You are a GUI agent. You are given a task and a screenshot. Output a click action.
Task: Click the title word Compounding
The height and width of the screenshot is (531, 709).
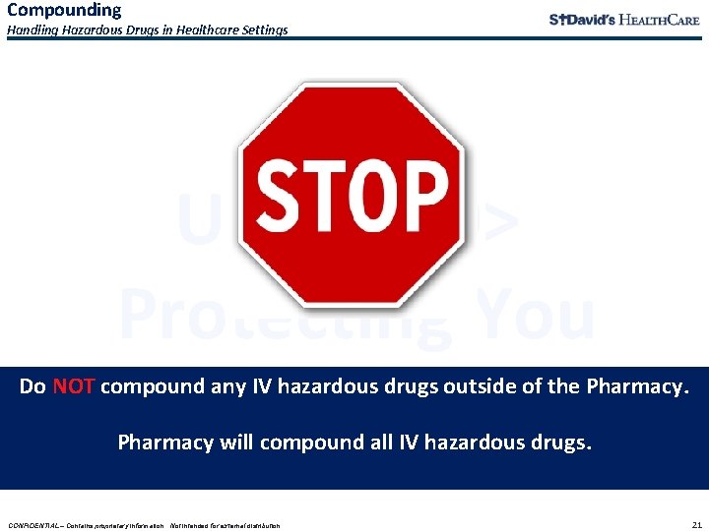click(x=64, y=10)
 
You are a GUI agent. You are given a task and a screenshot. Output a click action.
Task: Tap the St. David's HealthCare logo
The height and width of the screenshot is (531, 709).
click(x=623, y=20)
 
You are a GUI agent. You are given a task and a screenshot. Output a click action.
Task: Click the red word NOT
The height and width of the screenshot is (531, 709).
click(x=73, y=386)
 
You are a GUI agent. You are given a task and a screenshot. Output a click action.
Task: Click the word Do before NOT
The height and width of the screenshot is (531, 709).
click(x=32, y=386)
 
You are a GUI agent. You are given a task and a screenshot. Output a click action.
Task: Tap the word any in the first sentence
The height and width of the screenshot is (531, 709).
click(x=207, y=386)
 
